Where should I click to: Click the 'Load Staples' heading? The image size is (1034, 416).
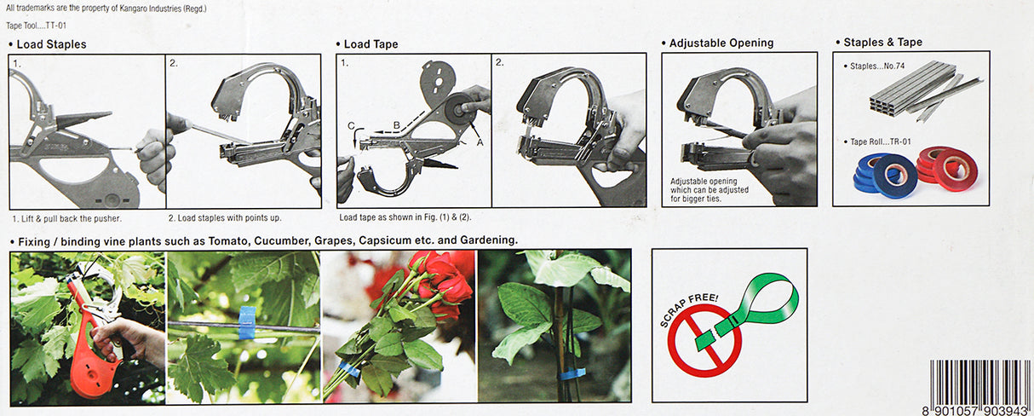tap(51, 44)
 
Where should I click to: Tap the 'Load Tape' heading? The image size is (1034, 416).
tap(371, 44)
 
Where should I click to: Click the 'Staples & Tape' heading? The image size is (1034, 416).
tap(882, 43)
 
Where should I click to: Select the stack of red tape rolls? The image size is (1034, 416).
tap(947, 167)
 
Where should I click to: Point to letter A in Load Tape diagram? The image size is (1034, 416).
tap(480, 143)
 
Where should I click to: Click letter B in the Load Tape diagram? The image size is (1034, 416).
tap(396, 124)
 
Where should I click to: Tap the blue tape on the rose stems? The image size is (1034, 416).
tap(349, 368)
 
